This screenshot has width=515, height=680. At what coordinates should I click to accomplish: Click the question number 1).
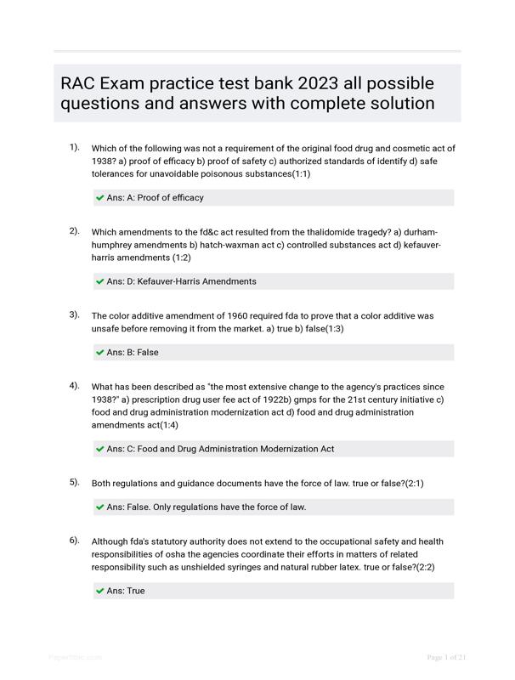point(75,147)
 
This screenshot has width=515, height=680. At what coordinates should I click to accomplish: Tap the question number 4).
point(75,386)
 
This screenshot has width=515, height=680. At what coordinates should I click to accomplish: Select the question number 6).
point(75,541)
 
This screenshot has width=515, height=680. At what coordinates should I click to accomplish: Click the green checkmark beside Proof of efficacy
point(100,198)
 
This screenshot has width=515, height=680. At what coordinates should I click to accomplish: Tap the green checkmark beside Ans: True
point(100,591)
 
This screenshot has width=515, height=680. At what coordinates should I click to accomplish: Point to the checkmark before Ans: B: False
point(100,353)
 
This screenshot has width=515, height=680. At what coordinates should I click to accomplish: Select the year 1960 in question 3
point(220,315)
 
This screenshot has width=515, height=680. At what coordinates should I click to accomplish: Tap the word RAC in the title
point(79,83)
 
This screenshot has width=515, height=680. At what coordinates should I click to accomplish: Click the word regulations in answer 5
point(201,507)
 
